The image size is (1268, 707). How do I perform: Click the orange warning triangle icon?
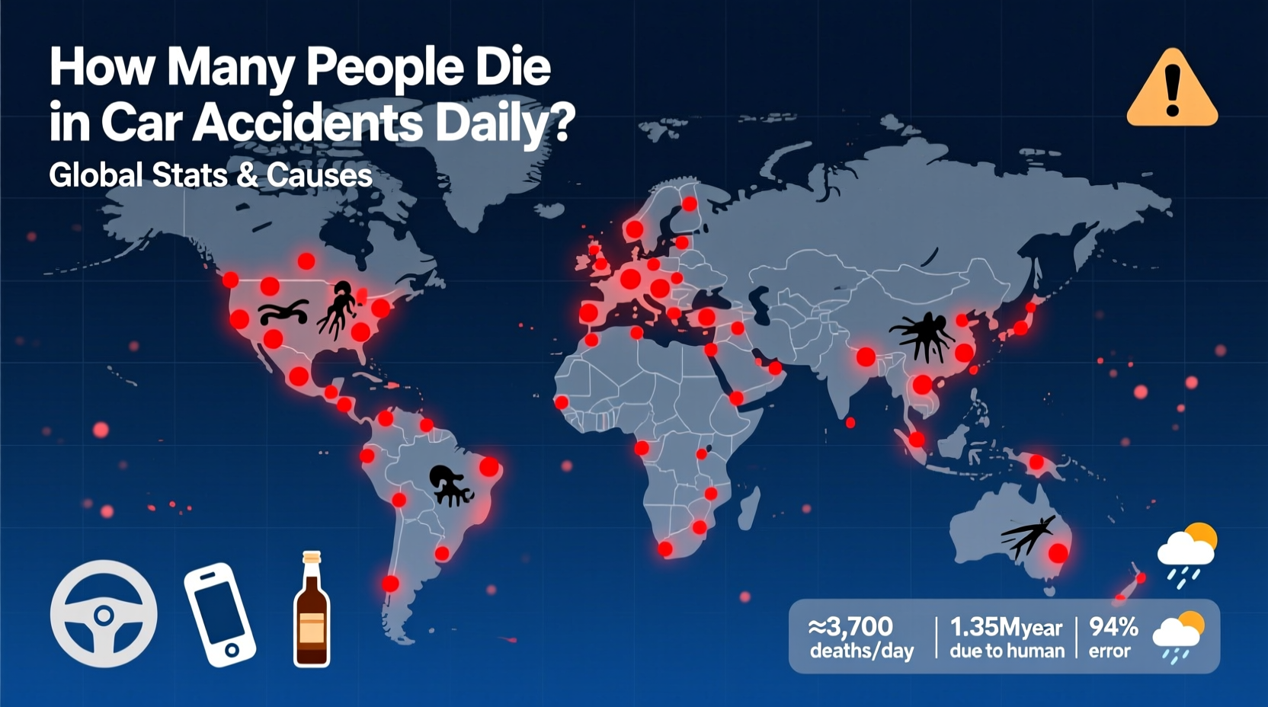tap(1172, 90)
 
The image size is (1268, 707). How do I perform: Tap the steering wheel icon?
tap(104, 614)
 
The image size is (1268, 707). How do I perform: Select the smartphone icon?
tap(219, 614)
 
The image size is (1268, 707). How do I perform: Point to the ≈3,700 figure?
tap(850, 627)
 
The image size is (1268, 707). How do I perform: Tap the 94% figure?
tap(1113, 627)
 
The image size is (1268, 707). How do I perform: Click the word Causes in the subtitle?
tap(319, 175)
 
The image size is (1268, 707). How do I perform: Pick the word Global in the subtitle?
tap(96, 175)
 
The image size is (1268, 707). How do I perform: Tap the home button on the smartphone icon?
tap(232, 650)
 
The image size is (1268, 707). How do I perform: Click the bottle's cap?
tap(311, 557)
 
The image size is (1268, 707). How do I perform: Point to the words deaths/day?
tap(861, 651)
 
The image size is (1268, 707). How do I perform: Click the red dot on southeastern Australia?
tap(1058, 553)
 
